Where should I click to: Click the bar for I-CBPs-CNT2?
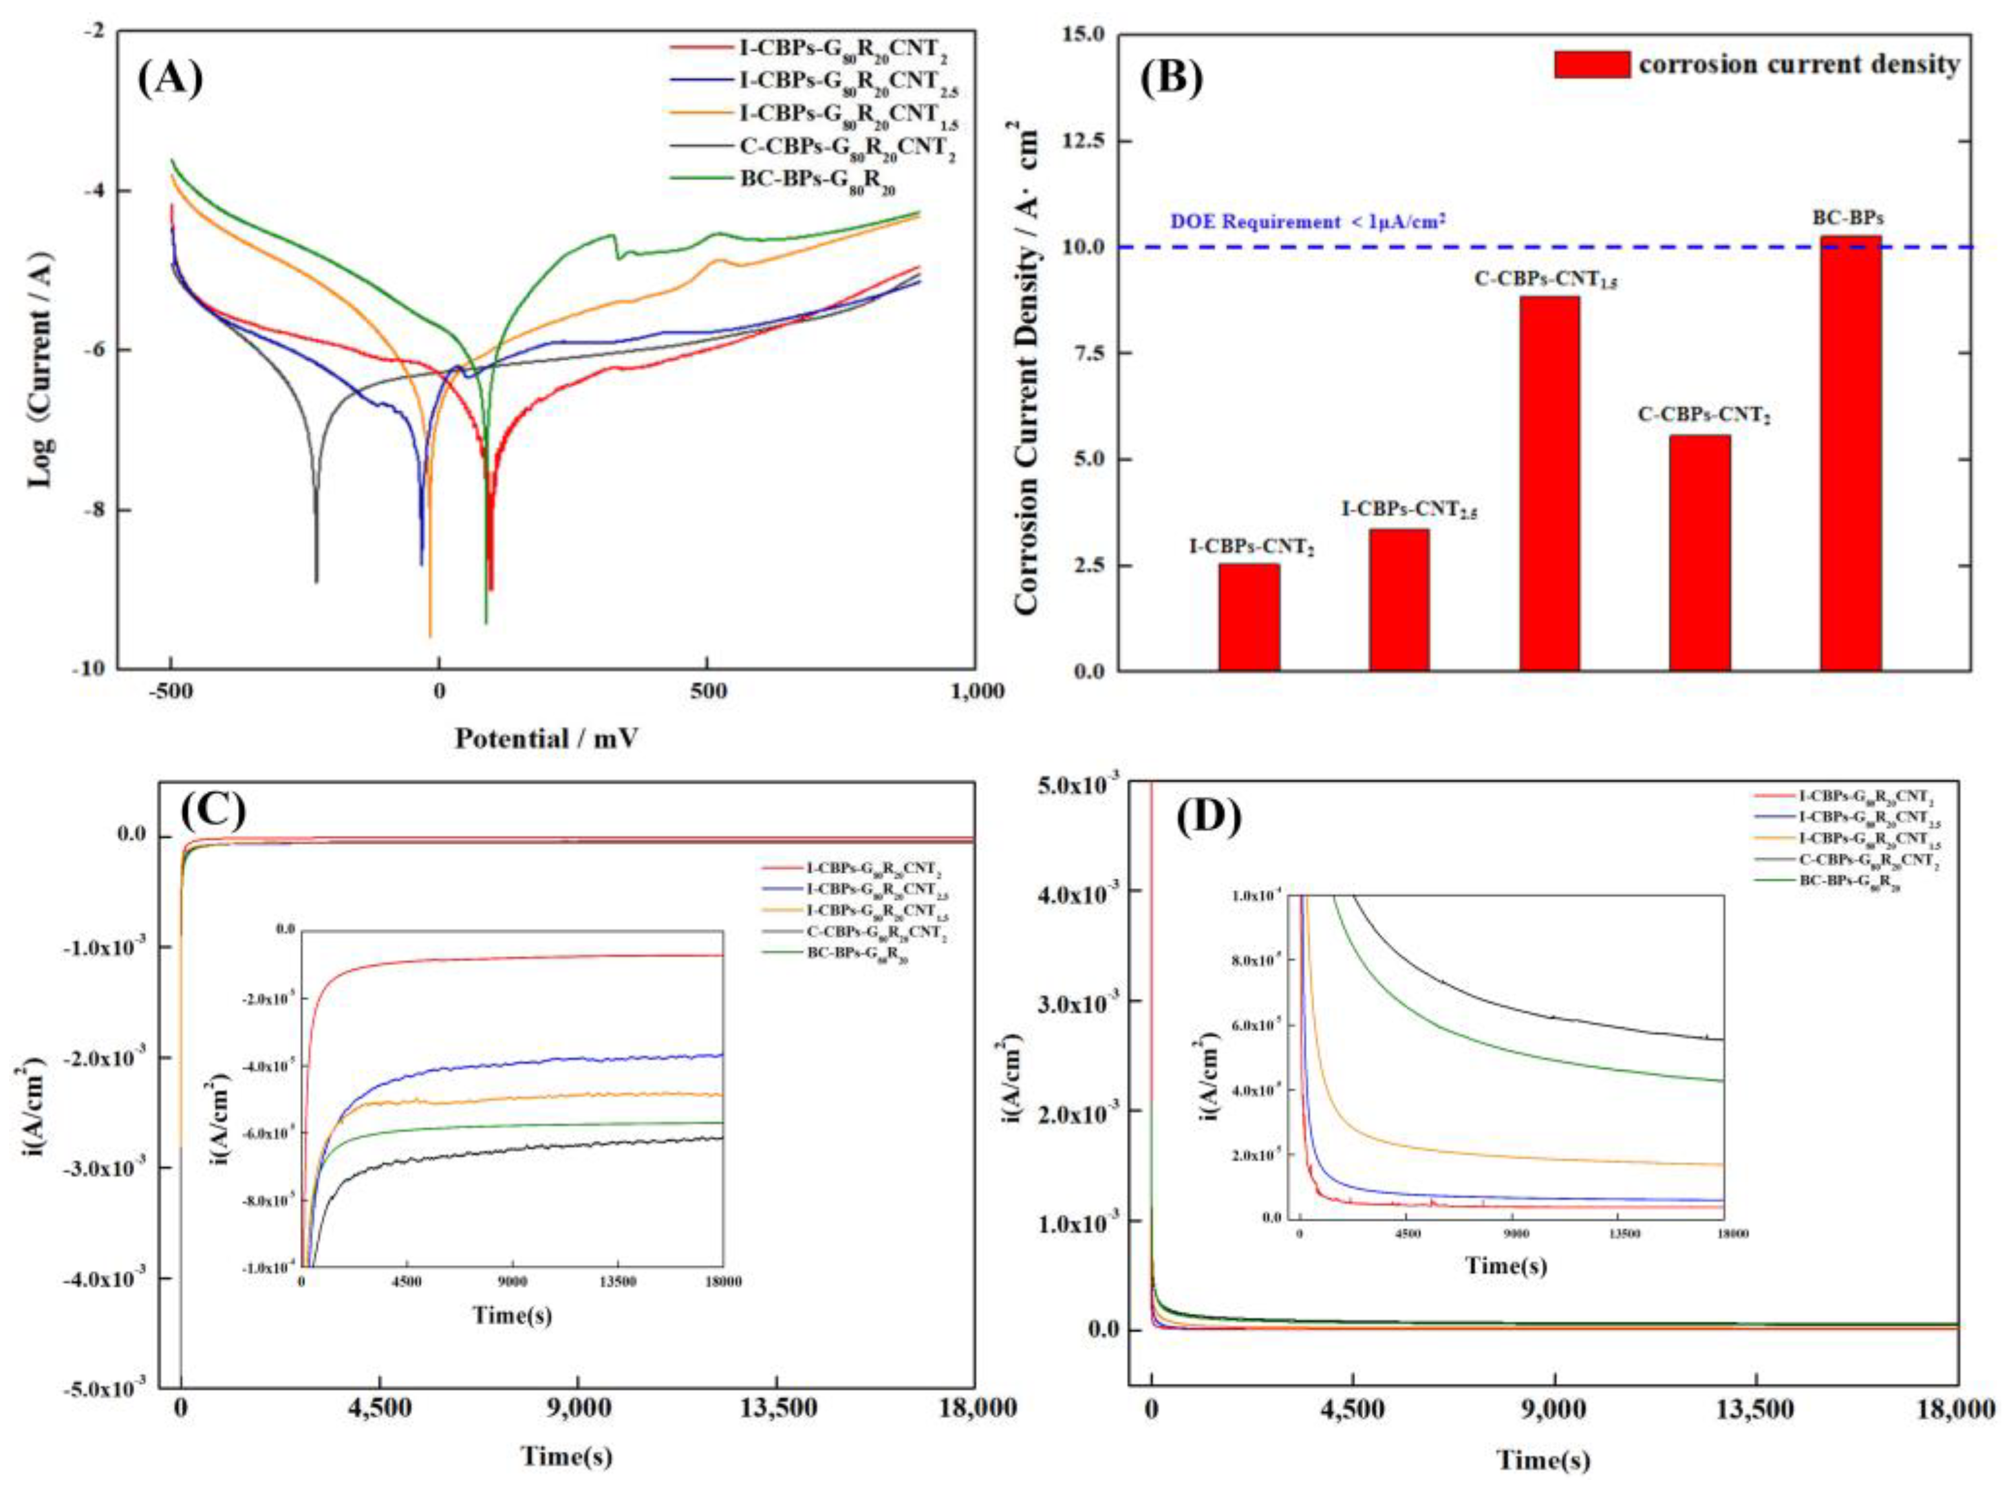point(1249,618)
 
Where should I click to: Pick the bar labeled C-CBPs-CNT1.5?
point(1549,483)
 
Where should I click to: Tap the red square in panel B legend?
point(1591,64)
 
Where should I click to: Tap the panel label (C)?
point(213,810)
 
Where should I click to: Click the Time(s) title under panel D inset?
point(1505,1265)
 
